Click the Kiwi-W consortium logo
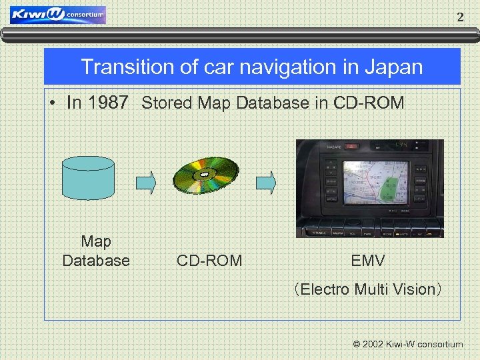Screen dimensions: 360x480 [57, 15]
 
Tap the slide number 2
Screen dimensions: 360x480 [459, 18]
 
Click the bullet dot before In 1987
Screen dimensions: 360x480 [52, 103]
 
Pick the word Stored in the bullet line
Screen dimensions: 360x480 [163, 103]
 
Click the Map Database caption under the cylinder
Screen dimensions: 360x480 [96, 251]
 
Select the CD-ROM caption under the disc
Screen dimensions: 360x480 [209, 261]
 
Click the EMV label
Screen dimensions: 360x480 [368, 261]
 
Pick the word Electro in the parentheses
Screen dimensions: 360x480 [326, 289]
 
